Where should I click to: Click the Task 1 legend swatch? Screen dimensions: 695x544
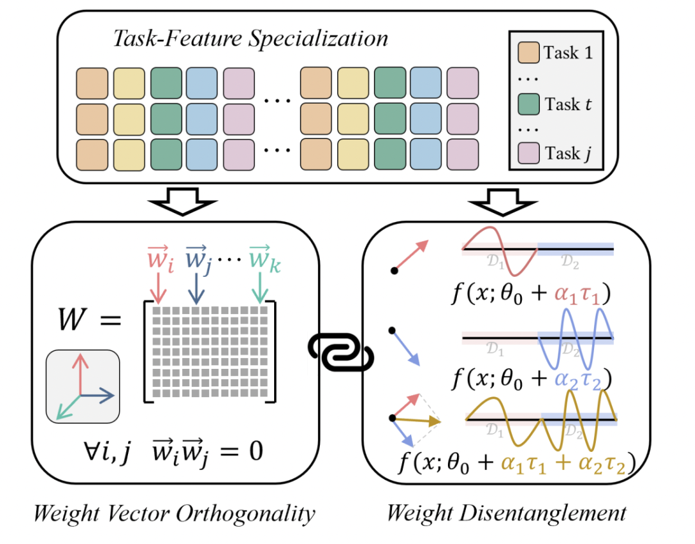click(x=528, y=52)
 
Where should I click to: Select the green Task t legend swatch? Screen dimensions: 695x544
click(x=528, y=104)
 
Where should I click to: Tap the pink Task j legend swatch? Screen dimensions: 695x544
click(x=528, y=153)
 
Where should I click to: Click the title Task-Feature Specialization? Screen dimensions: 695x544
click(x=250, y=39)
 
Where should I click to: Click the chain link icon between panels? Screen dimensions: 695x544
click(x=341, y=352)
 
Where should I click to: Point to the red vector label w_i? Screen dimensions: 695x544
click(x=160, y=258)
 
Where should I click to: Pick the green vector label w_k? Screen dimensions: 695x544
click(x=264, y=258)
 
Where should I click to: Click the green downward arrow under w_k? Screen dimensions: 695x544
click(x=260, y=288)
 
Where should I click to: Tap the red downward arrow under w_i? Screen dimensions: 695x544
click(x=158, y=288)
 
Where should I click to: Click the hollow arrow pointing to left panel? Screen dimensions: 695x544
click(x=183, y=202)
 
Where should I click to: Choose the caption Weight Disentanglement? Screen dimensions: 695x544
click(x=506, y=513)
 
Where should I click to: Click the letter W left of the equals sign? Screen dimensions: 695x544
click(x=72, y=319)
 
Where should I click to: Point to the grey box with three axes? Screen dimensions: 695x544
click(x=83, y=386)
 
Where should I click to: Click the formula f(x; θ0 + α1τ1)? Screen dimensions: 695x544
click(x=531, y=294)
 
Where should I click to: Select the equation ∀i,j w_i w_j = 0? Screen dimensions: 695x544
click(x=173, y=452)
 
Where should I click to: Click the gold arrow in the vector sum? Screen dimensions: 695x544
click(x=416, y=420)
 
